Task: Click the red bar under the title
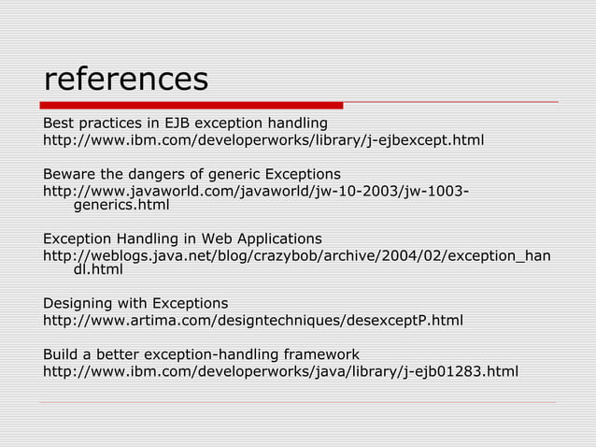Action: coord(192,106)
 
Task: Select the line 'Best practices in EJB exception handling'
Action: coord(185,123)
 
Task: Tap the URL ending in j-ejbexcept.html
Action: coord(263,141)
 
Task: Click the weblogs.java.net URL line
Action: coord(296,255)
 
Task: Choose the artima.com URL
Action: coord(253,321)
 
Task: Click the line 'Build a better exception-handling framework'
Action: coord(201,354)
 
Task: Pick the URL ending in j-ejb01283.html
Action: coord(280,372)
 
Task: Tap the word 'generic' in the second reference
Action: coord(237,175)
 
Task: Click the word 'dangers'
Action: coord(156,175)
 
